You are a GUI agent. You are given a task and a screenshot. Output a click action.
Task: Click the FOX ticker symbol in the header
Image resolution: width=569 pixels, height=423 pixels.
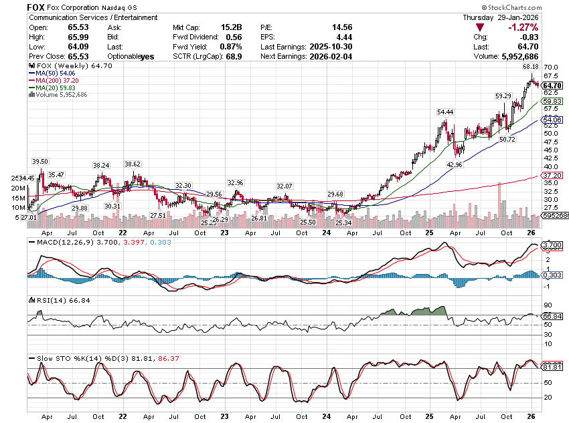tap(36, 7)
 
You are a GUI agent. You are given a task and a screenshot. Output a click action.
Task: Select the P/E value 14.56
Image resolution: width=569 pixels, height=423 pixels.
tap(342, 27)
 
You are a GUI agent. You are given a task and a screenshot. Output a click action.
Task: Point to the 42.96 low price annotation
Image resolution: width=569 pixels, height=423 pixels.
tap(455, 164)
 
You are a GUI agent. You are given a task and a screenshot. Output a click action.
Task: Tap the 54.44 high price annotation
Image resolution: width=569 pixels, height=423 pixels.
tap(445, 112)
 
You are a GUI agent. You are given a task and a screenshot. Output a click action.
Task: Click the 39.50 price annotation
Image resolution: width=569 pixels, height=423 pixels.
tap(40, 161)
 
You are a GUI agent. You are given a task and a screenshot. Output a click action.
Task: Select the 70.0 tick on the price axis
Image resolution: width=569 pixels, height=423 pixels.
tap(551, 67)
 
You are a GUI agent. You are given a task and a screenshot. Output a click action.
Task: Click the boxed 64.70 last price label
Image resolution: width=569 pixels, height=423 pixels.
tap(552, 86)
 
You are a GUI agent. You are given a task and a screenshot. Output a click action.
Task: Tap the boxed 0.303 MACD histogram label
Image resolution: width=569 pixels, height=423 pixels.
tap(552, 275)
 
